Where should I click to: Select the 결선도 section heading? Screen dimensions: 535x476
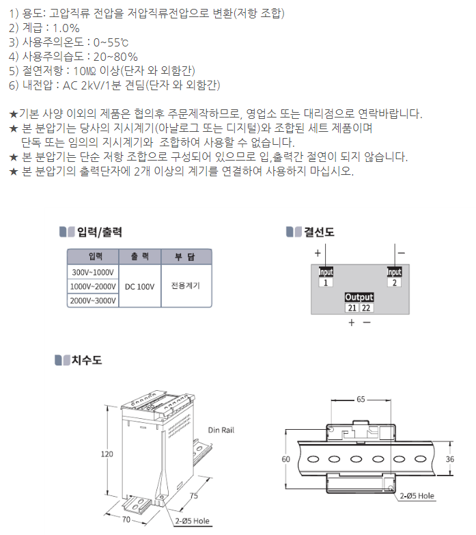[x=318, y=232]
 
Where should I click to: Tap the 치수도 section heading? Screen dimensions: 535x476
[x=87, y=360]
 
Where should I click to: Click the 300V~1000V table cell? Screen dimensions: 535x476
[x=93, y=272]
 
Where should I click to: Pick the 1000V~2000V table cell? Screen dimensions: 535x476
[x=93, y=286]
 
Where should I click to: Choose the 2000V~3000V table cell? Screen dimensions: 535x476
[x=93, y=301]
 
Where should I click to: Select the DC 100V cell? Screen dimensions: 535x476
[x=139, y=286]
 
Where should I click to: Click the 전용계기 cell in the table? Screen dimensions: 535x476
[x=186, y=286]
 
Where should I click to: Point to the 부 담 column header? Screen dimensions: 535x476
[x=186, y=257]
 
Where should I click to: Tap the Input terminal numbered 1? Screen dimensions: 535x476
[x=326, y=282]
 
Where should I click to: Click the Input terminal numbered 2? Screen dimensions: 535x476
[x=395, y=282]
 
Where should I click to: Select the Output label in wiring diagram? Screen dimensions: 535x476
[x=359, y=297]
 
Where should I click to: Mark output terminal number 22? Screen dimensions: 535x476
[x=367, y=308]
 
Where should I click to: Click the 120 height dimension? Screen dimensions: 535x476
[x=106, y=454]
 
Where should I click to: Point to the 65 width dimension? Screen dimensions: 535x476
[x=360, y=398]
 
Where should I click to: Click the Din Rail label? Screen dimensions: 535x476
[x=221, y=431]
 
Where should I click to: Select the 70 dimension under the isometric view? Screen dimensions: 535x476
[x=126, y=520]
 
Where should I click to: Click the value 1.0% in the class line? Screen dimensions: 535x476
[x=62, y=28]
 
